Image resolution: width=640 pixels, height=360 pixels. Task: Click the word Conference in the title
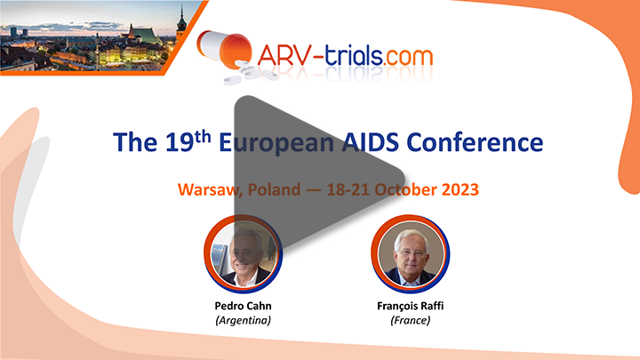pos(475,142)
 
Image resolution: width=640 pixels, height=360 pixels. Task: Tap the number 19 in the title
pos(179,142)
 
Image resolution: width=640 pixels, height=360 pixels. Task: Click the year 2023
pos(460,190)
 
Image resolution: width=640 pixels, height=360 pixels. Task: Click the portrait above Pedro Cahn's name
pos(244,254)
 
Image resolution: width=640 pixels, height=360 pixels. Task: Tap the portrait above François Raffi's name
pos(410,254)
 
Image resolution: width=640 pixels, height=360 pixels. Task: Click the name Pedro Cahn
pos(244,306)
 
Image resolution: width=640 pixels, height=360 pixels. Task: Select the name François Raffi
pos(410,306)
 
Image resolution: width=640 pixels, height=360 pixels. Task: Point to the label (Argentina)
pos(244,320)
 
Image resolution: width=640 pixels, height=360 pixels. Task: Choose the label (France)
pos(410,320)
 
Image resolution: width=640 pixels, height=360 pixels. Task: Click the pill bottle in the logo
pos(224,48)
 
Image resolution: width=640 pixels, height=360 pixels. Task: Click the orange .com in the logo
pos(408,56)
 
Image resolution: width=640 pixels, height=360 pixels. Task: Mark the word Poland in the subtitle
pos(274,190)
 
